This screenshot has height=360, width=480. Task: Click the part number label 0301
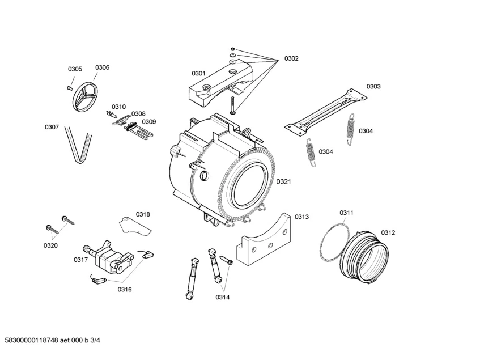(x=198, y=73)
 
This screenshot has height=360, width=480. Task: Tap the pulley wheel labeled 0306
(x=84, y=97)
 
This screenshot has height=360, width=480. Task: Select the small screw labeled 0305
(x=69, y=87)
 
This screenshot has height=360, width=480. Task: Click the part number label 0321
(x=284, y=181)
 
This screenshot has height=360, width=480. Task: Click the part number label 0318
(x=143, y=214)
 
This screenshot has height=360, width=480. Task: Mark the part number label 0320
(x=50, y=245)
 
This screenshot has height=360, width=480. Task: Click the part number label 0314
(x=223, y=297)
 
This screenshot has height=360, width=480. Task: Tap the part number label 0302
(x=291, y=58)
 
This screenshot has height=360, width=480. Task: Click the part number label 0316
(x=125, y=289)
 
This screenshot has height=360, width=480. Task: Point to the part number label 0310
(x=118, y=107)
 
